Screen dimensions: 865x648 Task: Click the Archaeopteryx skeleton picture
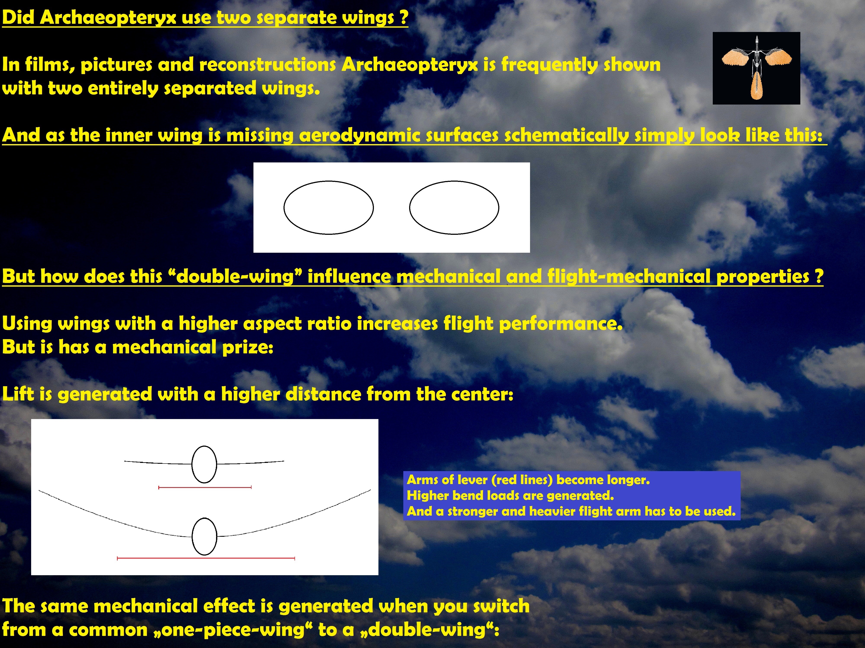tap(756, 68)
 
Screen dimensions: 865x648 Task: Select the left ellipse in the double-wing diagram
tap(328, 207)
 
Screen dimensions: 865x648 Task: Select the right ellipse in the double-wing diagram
tap(454, 207)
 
